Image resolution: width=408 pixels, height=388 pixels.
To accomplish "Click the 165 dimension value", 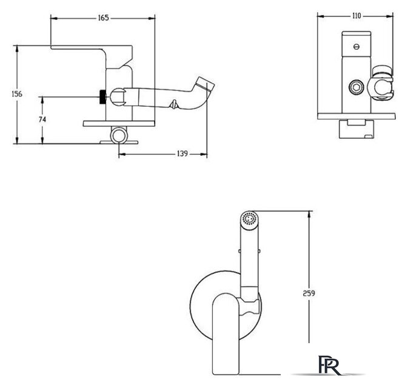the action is (x=103, y=18).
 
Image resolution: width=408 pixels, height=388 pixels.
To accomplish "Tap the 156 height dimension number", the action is (x=17, y=94).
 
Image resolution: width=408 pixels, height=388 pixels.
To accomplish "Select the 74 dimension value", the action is (x=42, y=119).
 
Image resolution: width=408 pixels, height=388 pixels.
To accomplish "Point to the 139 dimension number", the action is (x=182, y=153).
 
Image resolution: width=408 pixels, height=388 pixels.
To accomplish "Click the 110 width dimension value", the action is (x=356, y=16).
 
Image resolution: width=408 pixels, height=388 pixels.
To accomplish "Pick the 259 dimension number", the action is (x=309, y=293).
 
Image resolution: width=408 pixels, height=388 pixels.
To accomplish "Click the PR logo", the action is (x=329, y=365).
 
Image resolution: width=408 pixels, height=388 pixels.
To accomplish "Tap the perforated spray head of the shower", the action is (x=249, y=218).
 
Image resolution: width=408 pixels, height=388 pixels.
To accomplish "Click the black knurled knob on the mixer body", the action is (x=103, y=97).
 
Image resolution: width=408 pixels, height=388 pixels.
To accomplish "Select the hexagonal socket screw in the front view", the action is (x=356, y=87).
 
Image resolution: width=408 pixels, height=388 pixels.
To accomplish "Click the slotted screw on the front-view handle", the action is (x=356, y=47).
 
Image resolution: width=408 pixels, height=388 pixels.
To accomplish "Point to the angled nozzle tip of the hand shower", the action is (x=206, y=83).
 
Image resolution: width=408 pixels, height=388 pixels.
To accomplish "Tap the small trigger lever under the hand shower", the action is (x=173, y=104).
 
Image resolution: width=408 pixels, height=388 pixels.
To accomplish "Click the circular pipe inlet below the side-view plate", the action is (x=119, y=135).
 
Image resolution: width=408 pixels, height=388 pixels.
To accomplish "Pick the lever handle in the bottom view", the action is (x=226, y=334).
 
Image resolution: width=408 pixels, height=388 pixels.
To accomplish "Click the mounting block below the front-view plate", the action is (x=356, y=129).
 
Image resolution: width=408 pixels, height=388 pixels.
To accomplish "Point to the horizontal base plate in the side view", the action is (x=119, y=124).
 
